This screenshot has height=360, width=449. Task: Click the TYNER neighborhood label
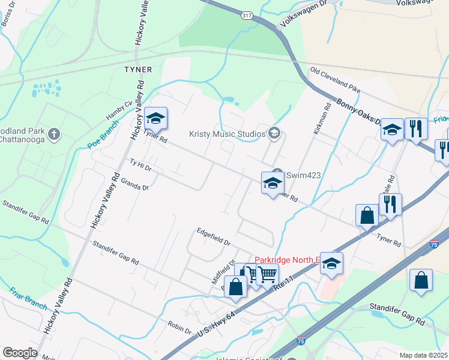pyautogui.click(x=138, y=70)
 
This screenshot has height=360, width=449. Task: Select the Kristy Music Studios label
pyautogui.click(x=227, y=133)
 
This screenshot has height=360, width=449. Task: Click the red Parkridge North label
pyautogui.click(x=285, y=260)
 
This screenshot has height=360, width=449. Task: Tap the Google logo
pyautogui.click(x=19, y=353)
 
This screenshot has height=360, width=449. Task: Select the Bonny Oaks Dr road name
pyautogui.click(x=358, y=111)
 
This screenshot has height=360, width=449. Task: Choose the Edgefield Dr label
pyautogui.click(x=214, y=238)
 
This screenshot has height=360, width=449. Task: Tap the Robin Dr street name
pyautogui.click(x=180, y=331)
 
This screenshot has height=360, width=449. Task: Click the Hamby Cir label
pyautogui.click(x=118, y=110)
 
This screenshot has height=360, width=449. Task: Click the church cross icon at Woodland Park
pyautogui.click(x=53, y=133)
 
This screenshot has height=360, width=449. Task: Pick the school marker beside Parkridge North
pyautogui.click(x=331, y=263)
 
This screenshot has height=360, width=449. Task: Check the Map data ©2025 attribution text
pyautogui.click(x=424, y=355)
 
